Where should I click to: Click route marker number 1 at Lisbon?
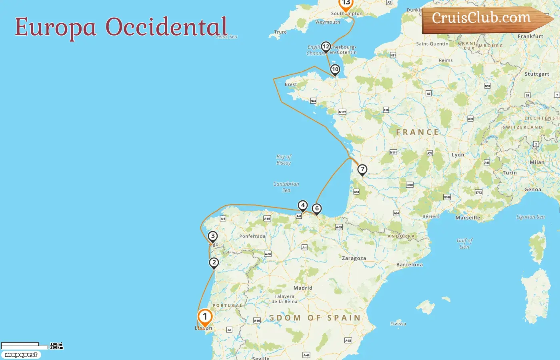tap(205, 317)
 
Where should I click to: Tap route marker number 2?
tap(214, 263)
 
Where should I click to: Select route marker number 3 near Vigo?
tap(213, 236)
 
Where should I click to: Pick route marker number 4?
tap(303, 206)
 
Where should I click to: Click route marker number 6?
tap(317, 208)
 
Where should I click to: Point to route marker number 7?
tap(362, 169)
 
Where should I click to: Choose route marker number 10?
tap(335, 70)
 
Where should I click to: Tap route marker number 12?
tap(326, 47)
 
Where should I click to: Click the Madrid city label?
tap(303, 288)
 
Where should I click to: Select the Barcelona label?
tap(409, 265)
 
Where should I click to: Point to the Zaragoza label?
tap(354, 258)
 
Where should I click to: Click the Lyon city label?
tap(458, 155)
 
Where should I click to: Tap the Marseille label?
tap(468, 218)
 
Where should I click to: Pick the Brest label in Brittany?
tap(291, 84)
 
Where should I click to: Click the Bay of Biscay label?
tap(284, 160)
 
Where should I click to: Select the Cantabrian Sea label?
tap(286, 187)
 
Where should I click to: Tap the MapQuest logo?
tap(21, 355)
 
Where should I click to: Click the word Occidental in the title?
tap(166, 27)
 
